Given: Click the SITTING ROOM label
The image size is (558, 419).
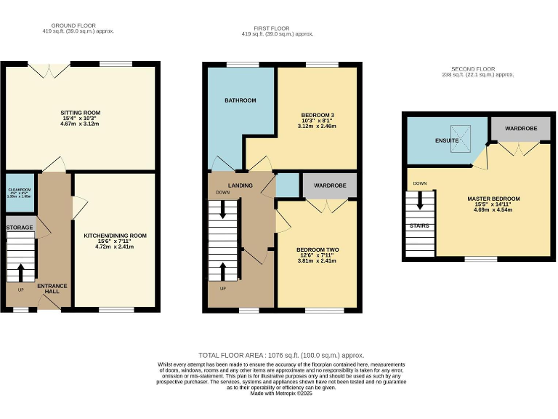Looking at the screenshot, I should point(80,113).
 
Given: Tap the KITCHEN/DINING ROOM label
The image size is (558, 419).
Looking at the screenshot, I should point(116,236).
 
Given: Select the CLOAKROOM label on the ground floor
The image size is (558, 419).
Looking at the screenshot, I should point(20,191).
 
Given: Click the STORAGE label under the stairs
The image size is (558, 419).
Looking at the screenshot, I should point(20,228).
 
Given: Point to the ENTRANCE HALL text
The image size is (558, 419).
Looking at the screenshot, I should point(52,289).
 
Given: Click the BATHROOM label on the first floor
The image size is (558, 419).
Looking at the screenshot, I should point(240,100).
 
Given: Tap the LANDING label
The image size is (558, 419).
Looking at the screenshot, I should point(240,185).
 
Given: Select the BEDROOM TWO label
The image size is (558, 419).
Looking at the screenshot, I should point(318,250).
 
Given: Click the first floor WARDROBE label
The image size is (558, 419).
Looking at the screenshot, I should point(330,185).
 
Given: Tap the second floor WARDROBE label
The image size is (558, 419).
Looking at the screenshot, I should point(519,128).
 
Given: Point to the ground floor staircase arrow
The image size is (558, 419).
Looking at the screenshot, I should point(20,272).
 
